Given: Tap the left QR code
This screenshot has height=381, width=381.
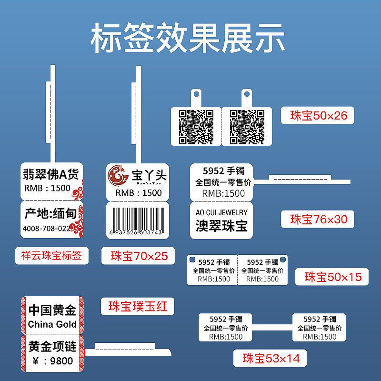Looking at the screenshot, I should (x=196, y=127).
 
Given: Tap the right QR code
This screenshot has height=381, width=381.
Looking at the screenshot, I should (x=247, y=127).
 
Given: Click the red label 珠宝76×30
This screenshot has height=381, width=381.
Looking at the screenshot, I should (x=319, y=219).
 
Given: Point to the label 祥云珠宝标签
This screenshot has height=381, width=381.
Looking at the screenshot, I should (x=51, y=256).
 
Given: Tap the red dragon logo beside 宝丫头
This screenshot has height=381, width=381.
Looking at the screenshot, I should (x=116, y=175).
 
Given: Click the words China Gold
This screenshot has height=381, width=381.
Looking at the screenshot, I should (x=52, y=324).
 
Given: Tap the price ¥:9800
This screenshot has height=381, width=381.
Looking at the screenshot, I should (x=52, y=361).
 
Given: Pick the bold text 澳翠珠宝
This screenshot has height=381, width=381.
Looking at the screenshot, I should (x=221, y=226).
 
